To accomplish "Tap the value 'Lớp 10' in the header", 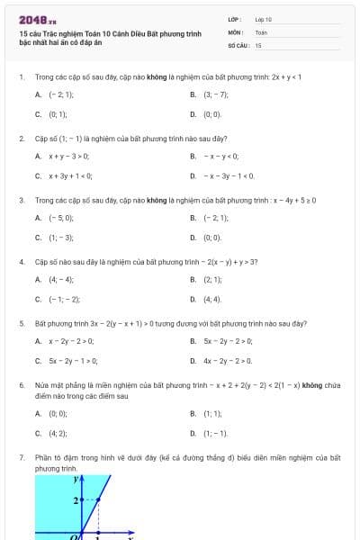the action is click(x=263, y=19).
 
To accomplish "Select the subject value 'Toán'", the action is click(x=261, y=31).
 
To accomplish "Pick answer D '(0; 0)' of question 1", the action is click(x=211, y=114).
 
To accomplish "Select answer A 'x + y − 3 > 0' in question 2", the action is click(x=68, y=156).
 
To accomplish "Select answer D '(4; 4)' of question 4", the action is click(x=211, y=299).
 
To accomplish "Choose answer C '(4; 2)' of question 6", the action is click(x=57, y=433).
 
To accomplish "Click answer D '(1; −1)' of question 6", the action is click(x=214, y=433).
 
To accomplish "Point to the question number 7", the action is click(x=21, y=458).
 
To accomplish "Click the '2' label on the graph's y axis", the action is click(x=76, y=498).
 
